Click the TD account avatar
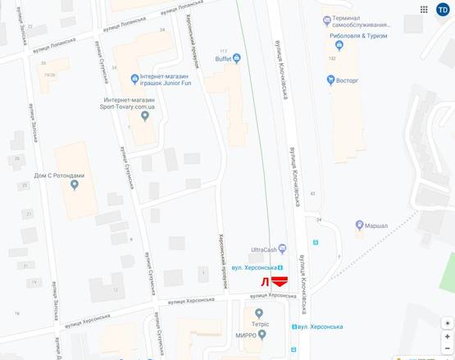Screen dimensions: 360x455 (442, 9)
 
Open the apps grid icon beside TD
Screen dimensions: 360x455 (425, 9)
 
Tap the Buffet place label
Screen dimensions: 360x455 (222, 58)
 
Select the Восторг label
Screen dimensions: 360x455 (347, 80)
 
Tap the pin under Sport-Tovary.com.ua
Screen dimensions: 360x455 (145, 116)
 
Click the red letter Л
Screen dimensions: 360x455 (264, 282)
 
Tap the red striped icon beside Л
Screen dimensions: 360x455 (280, 281)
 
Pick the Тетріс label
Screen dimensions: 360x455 (259, 323)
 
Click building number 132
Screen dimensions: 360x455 (332, 58)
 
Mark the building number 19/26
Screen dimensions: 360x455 (49, 74)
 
